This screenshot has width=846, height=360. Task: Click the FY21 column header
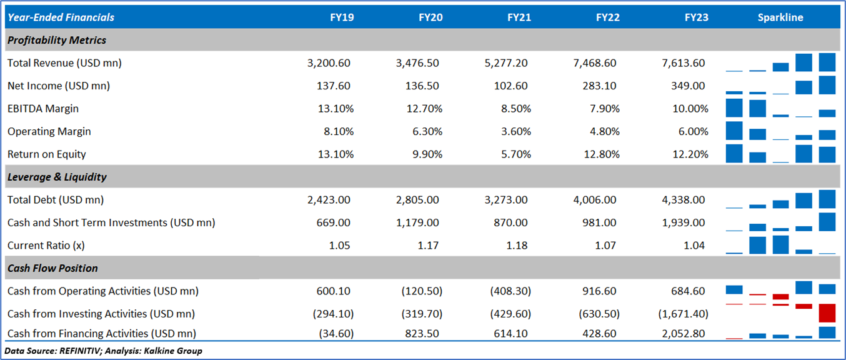pos(519,17)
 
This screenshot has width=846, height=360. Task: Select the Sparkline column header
pos(780,17)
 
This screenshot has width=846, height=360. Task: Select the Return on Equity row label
pos(47,154)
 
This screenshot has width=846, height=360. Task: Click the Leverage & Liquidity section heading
pos(57,177)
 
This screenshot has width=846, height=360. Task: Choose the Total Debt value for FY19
pos(329,200)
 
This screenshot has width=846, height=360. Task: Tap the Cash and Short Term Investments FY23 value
pos(688,222)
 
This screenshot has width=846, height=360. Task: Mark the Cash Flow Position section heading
pos(52,268)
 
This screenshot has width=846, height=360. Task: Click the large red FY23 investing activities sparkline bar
pos(827,312)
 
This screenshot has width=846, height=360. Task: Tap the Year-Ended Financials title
pos(61,17)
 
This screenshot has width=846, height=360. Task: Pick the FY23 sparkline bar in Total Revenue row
pos(827,62)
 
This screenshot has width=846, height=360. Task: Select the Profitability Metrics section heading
pos(57,40)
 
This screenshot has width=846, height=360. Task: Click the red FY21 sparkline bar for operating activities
pos(780,296)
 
